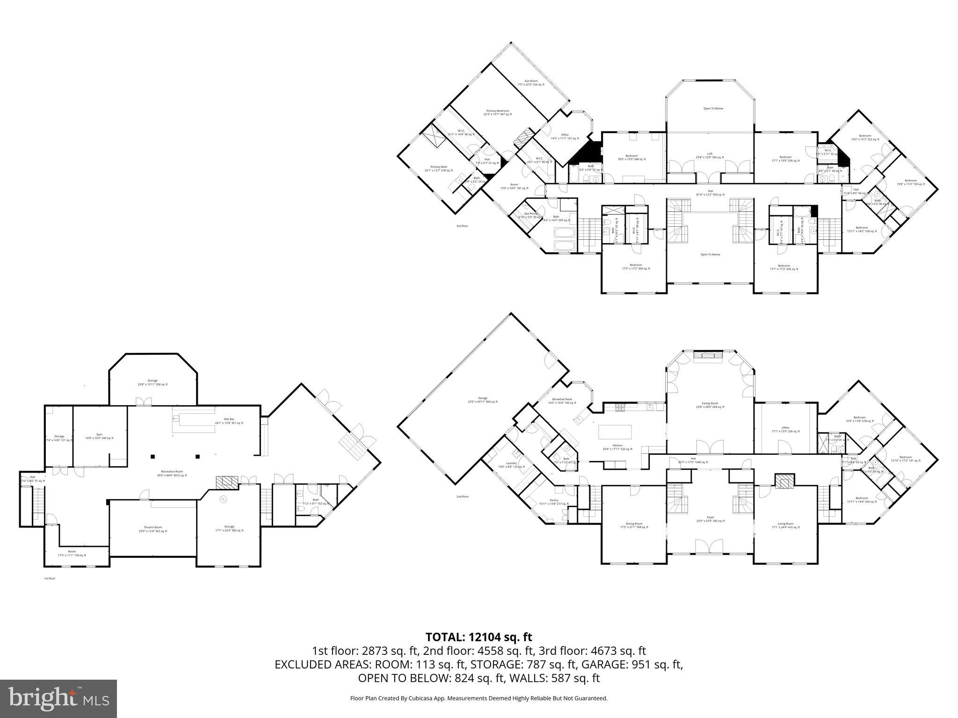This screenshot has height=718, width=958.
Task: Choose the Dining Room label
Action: pos(634,525)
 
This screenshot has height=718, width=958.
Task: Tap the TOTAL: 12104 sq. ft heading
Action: pos(479,637)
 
